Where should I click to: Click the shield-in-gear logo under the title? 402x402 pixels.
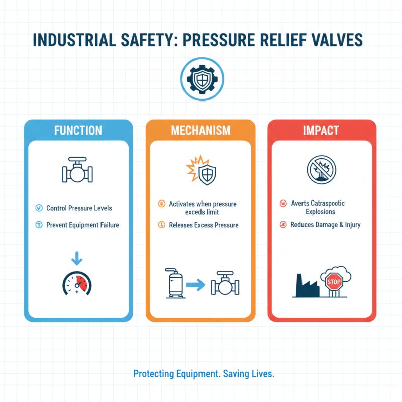(x=200, y=79)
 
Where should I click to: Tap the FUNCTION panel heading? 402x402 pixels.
(x=78, y=131)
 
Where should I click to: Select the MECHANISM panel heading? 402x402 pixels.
(x=200, y=131)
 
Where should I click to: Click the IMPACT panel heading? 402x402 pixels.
(x=322, y=131)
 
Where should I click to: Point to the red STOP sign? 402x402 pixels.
(x=334, y=281)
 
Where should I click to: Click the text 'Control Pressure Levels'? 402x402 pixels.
(x=79, y=208)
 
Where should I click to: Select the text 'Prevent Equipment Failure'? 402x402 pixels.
(x=82, y=225)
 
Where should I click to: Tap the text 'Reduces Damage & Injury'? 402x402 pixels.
(x=326, y=225)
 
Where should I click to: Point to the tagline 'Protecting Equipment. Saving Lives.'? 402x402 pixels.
(x=204, y=374)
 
